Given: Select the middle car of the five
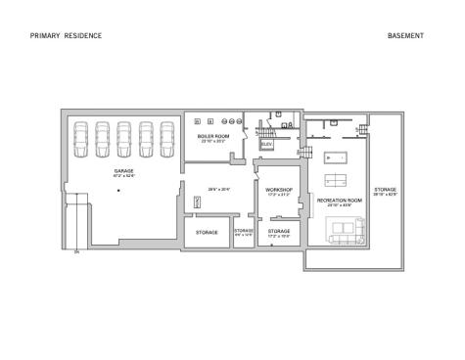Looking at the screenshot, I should [x=123, y=138].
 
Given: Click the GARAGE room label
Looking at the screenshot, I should [x=123, y=171].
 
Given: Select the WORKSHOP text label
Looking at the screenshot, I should [x=279, y=190].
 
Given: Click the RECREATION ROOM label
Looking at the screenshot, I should [x=339, y=200].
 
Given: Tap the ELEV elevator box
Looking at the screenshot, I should [x=266, y=145].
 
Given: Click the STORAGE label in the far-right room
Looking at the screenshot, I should [x=385, y=190].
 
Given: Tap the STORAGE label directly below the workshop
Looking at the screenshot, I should [x=279, y=232].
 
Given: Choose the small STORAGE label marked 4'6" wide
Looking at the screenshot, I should [x=244, y=231].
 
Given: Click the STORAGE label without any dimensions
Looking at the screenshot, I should [x=207, y=233].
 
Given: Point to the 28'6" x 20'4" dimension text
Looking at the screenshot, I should [x=217, y=190].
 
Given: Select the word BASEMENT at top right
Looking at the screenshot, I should [x=405, y=35].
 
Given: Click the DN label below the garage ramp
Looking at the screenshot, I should [x=75, y=252].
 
